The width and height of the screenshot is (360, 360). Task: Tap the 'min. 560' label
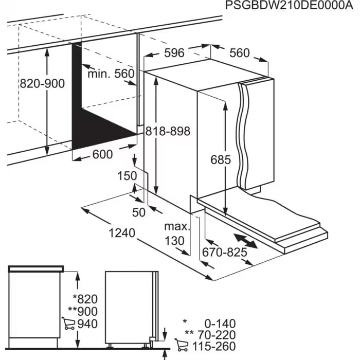(x=110, y=74)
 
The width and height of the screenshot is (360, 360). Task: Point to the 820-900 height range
(x=42, y=83)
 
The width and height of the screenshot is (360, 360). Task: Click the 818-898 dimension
(x=167, y=132)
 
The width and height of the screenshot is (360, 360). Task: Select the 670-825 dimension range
(x=224, y=253)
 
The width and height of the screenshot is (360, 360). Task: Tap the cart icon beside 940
(x=68, y=323)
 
